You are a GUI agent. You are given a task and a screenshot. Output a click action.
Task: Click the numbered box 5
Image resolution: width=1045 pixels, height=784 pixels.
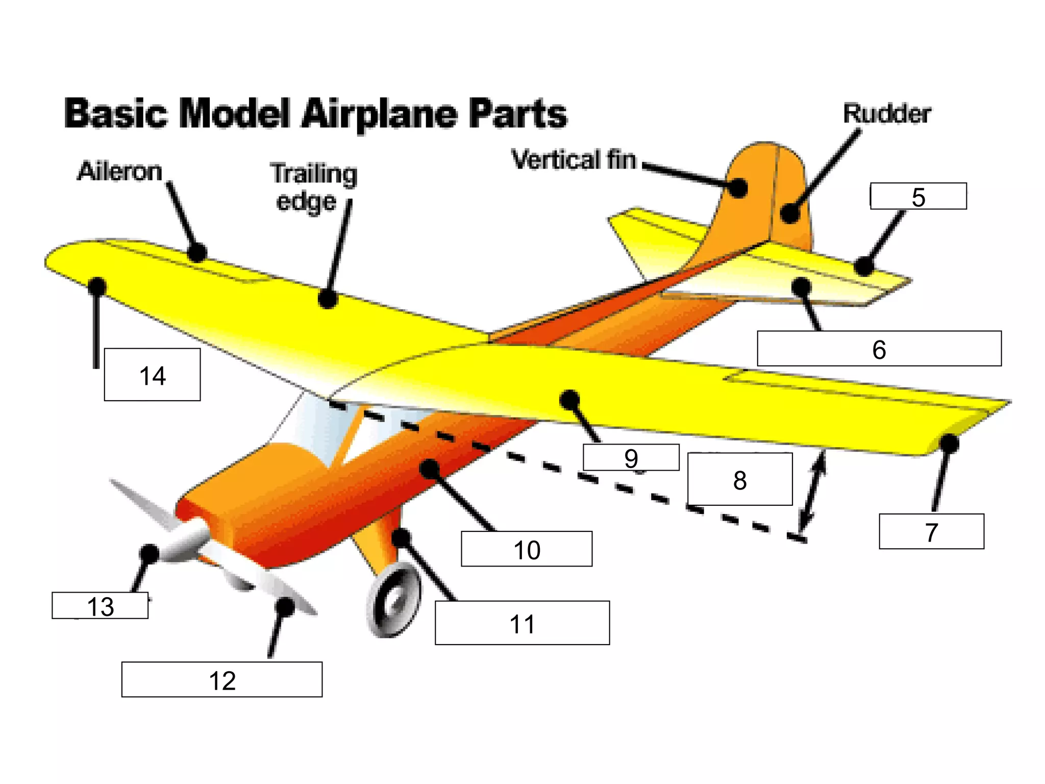(x=918, y=197)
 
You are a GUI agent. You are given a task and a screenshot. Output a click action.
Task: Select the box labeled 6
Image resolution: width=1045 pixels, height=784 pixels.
(x=879, y=349)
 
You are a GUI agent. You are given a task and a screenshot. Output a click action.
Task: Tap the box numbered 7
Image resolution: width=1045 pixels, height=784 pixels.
(x=931, y=532)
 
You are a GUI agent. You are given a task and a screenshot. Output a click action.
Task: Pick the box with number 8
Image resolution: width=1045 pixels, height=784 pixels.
(x=740, y=479)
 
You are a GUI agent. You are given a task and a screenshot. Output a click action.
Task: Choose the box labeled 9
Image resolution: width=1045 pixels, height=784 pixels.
(x=631, y=457)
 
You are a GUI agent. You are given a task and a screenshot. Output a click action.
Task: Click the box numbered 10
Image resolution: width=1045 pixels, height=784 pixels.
(x=527, y=549)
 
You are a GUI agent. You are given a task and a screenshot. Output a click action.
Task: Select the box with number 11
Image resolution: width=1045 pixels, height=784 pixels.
(x=522, y=623)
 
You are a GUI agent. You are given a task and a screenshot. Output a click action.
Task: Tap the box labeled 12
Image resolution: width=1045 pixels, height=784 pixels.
(x=222, y=680)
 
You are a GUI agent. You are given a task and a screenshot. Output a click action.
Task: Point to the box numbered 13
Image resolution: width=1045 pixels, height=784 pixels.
(x=100, y=606)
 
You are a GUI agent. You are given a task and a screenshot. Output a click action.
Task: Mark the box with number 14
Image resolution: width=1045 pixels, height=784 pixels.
(x=152, y=375)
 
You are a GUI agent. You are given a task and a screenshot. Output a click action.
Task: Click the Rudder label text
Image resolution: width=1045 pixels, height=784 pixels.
(x=887, y=113)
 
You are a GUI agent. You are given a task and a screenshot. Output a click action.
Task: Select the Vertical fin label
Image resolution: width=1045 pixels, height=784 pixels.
(x=574, y=160)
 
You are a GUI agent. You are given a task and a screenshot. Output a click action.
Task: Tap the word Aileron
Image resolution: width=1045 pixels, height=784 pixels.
(x=120, y=171)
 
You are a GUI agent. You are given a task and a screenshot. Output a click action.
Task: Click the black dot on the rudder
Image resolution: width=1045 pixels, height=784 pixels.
(x=790, y=212)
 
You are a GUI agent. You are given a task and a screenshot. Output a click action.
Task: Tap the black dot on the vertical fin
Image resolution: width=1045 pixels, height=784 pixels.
(x=738, y=187)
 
